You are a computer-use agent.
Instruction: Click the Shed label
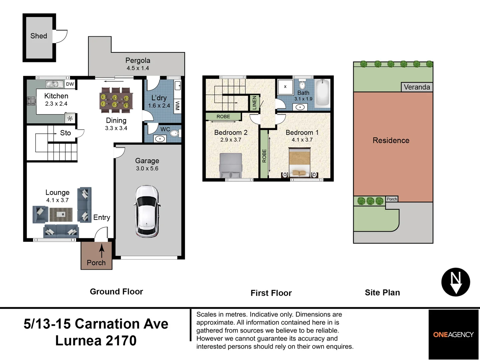click(x=39, y=36)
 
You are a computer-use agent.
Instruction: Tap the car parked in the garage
click(x=147, y=211)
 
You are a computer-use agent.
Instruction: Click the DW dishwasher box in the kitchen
click(x=70, y=84)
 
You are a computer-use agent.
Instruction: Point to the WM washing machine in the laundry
click(x=177, y=106)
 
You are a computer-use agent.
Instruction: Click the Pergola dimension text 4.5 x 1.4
click(x=138, y=68)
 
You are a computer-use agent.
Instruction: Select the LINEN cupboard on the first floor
click(x=254, y=102)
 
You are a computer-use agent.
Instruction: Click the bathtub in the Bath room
click(x=322, y=93)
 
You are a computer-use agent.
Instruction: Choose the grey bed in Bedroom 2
click(x=230, y=165)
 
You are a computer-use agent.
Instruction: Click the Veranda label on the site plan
click(x=417, y=87)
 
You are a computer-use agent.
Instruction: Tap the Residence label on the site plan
click(x=391, y=141)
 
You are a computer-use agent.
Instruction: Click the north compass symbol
click(x=456, y=282)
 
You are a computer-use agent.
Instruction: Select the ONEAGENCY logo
click(x=453, y=334)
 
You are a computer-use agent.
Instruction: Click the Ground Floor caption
click(x=116, y=292)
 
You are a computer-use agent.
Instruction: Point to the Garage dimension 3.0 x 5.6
click(x=147, y=169)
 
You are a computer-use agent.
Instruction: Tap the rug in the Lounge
click(x=61, y=215)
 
